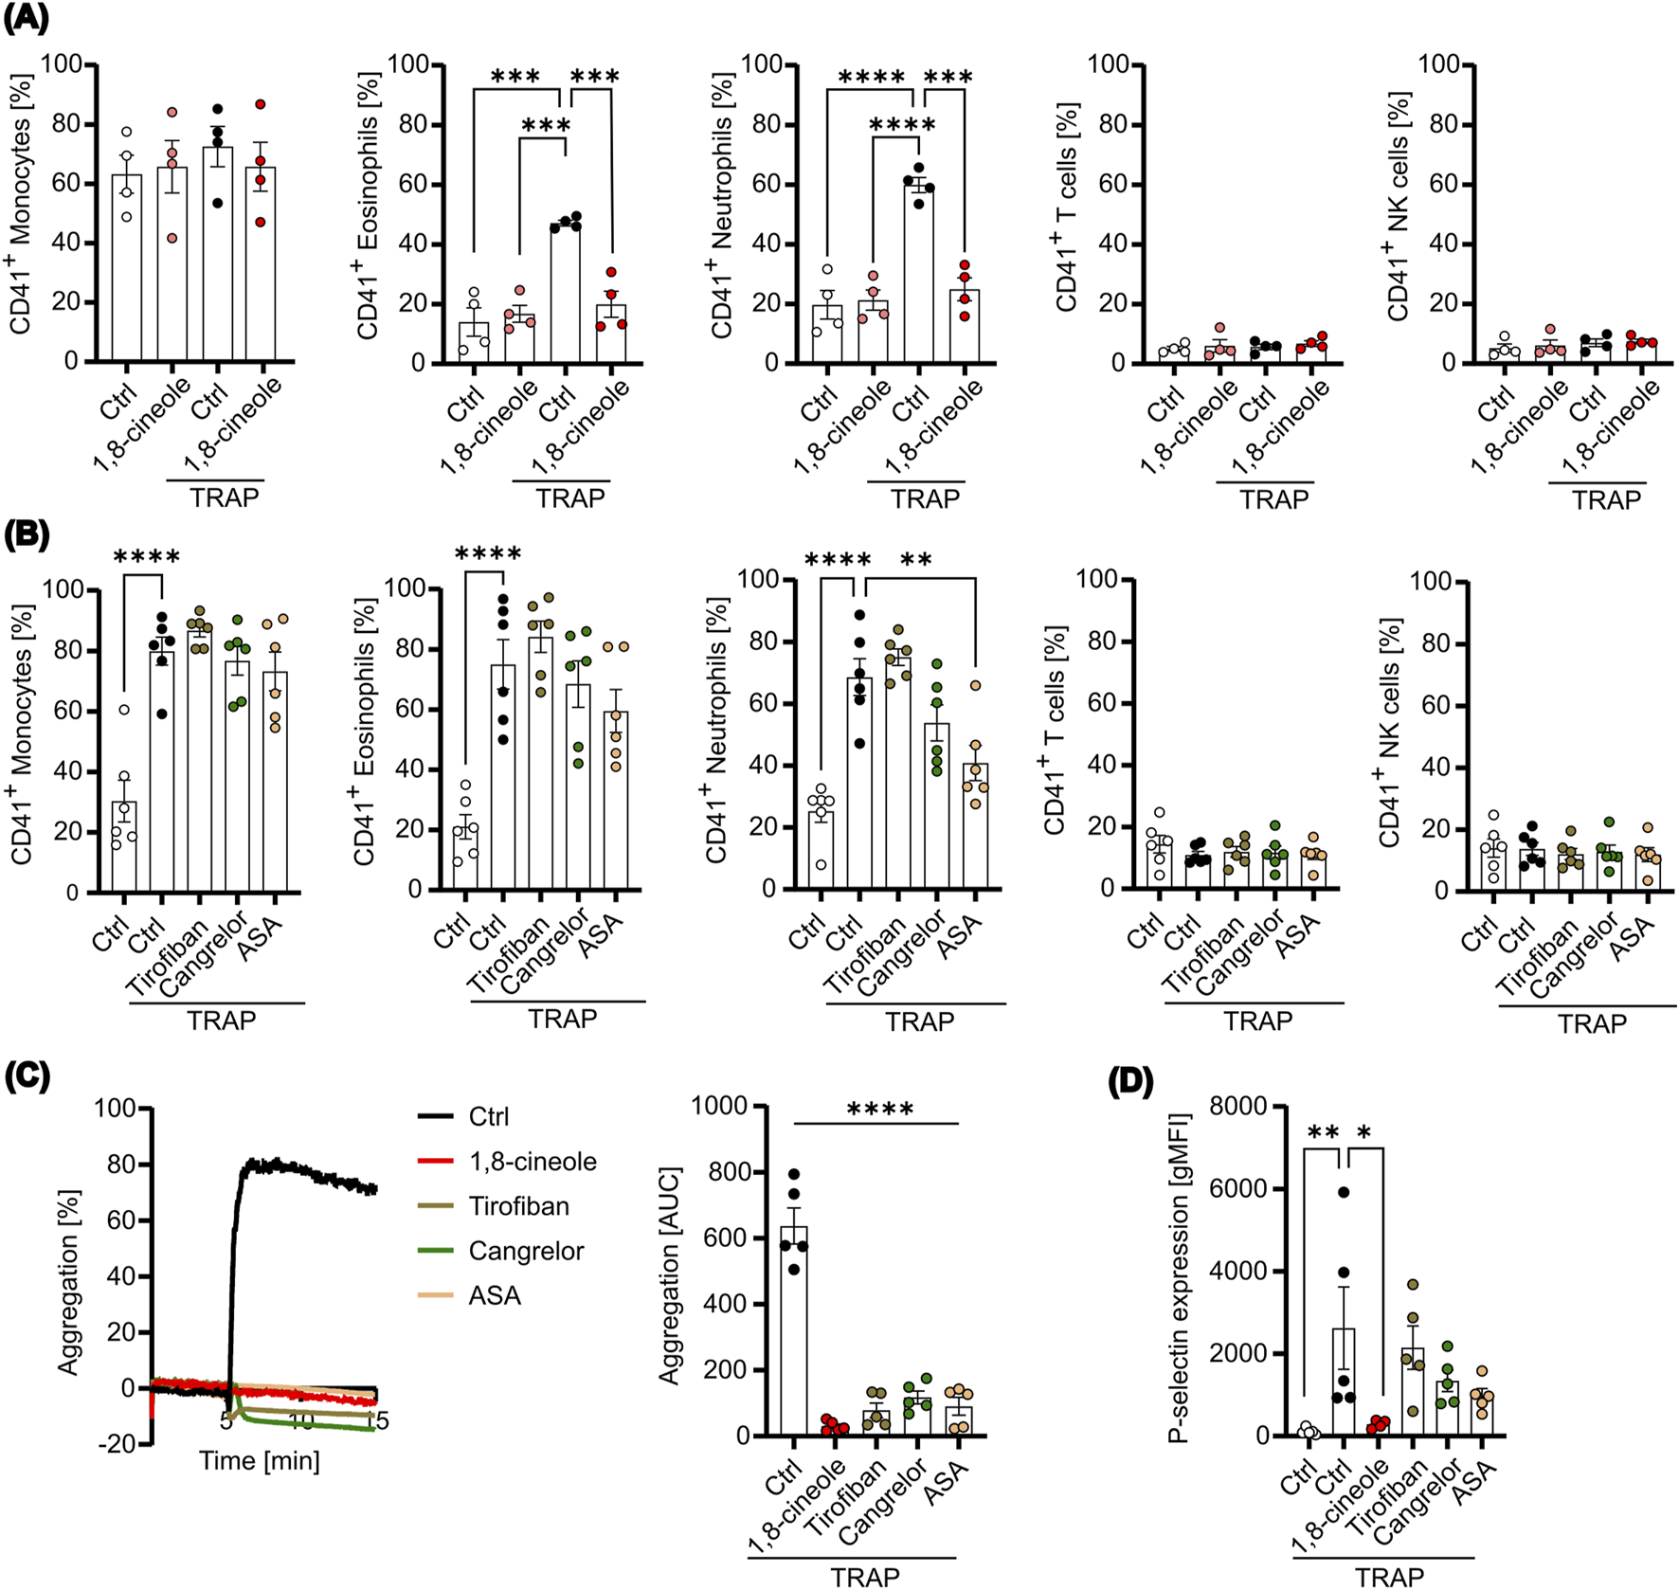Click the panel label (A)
click(27, 18)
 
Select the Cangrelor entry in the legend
click(526, 1251)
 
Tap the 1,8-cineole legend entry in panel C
click(532, 1162)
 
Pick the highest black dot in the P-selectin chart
click(1343, 1192)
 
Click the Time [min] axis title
click(259, 1460)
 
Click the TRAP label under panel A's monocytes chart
click(224, 497)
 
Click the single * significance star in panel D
click(1363, 1133)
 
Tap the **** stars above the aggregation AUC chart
click(880, 1110)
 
